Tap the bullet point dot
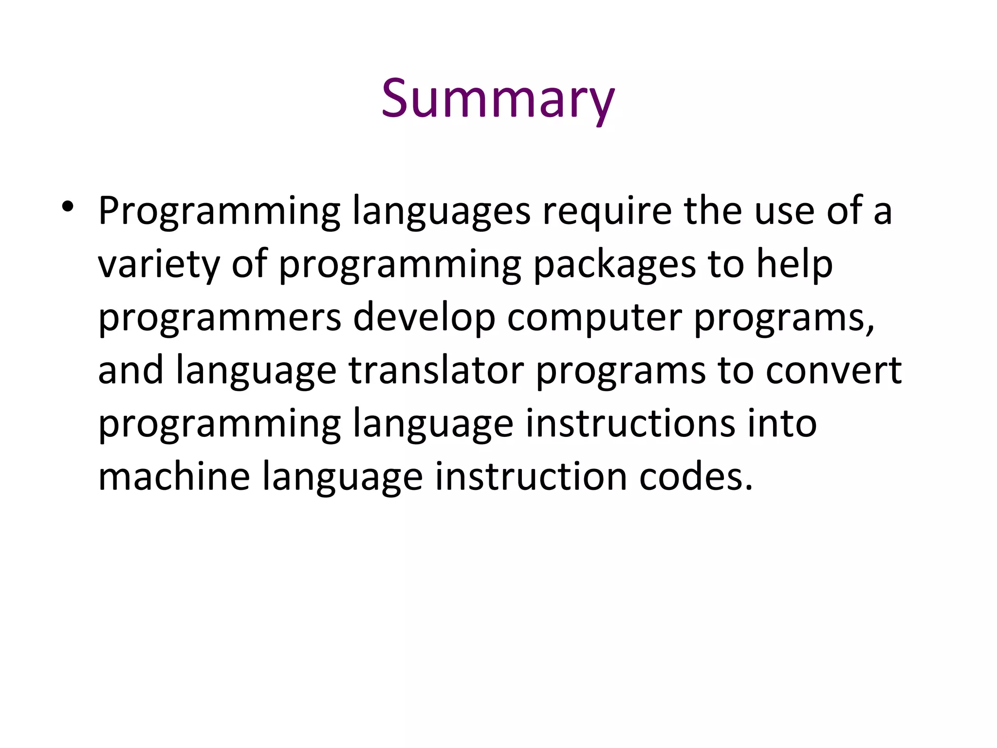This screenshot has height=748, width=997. pyautogui.click(x=67, y=206)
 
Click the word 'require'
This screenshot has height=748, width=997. pyautogui.click(x=607, y=211)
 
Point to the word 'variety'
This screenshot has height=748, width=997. pyautogui.click(x=159, y=265)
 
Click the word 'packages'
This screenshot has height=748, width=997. pyautogui.click(x=614, y=265)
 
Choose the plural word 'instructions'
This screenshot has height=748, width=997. pyautogui.click(x=630, y=424)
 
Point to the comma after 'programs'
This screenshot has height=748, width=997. pyautogui.click(x=870, y=329)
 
